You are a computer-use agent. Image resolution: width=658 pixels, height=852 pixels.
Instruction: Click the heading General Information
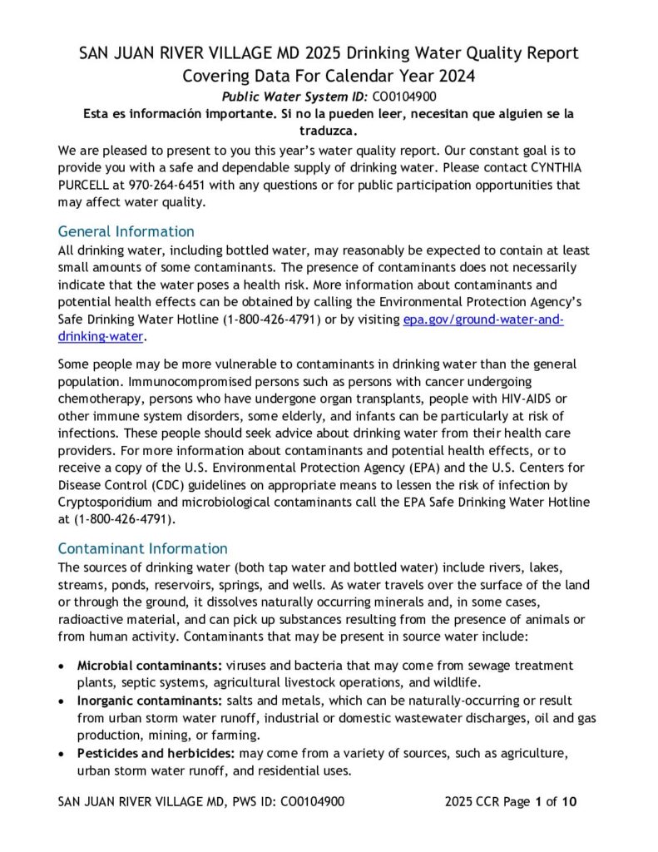(x=126, y=231)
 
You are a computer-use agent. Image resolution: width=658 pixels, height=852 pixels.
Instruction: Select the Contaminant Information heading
(x=142, y=548)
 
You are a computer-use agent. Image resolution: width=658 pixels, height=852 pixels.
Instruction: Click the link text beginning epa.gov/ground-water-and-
(x=482, y=320)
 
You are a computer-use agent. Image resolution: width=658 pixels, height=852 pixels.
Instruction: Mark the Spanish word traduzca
(x=329, y=131)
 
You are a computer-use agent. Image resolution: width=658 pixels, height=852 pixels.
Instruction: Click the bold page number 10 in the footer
(x=569, y=802)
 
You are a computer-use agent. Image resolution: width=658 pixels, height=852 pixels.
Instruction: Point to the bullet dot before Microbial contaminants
(x=63, y=666)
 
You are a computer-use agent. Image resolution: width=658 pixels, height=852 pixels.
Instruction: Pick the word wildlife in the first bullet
(x=482, y=682)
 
